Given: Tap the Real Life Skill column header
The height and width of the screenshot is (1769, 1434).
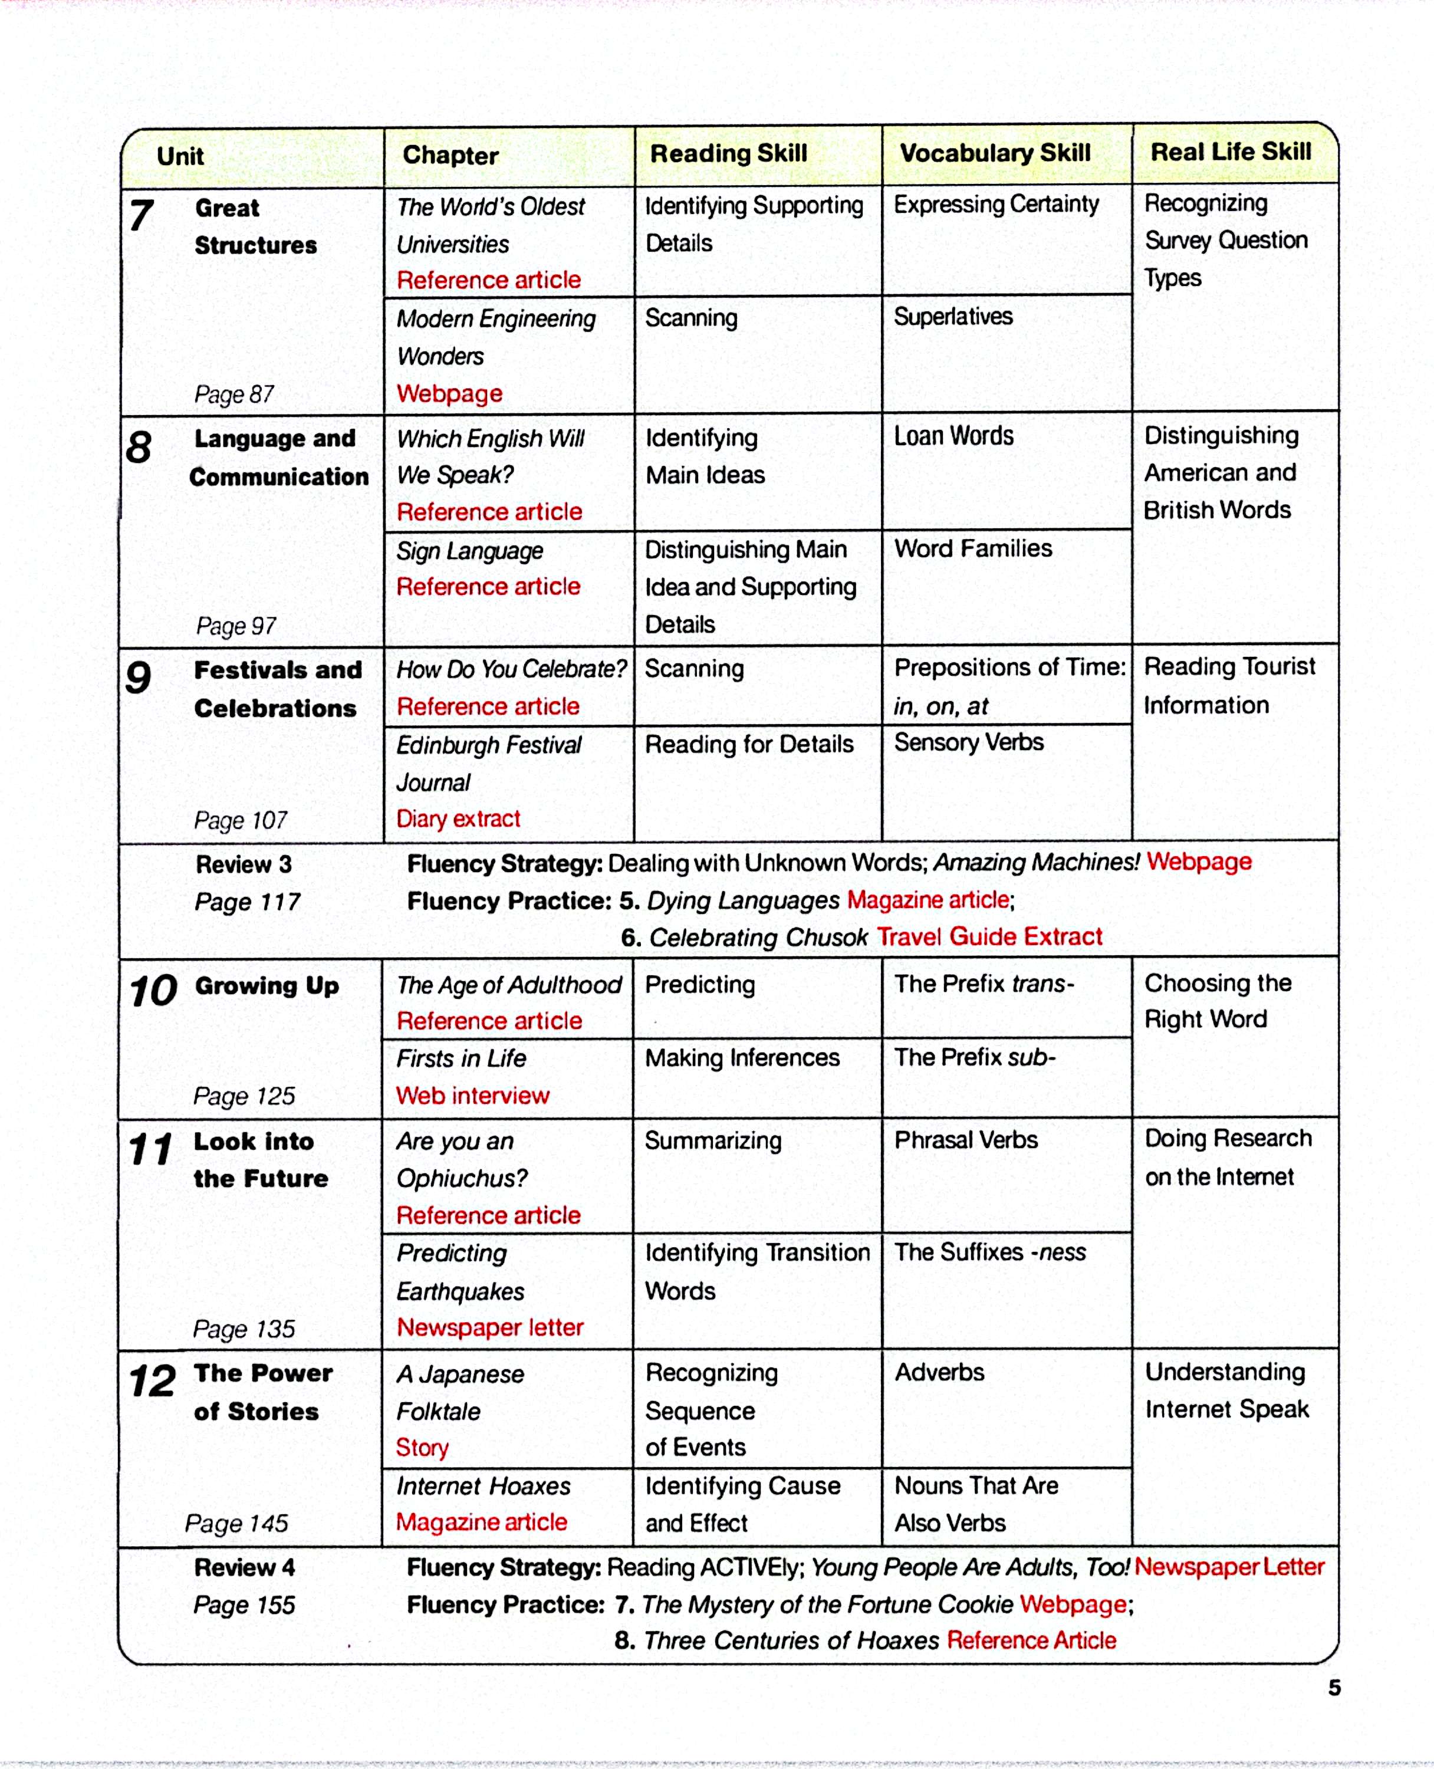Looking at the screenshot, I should pos(1230,152).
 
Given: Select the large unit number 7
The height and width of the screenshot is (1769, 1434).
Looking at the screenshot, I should pos(142,216).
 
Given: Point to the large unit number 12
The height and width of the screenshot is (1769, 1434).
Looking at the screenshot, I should pos(152,1381).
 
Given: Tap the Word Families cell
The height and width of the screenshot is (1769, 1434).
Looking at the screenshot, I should pos(972,548).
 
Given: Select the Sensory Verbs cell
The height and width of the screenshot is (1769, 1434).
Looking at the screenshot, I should pos(968,742).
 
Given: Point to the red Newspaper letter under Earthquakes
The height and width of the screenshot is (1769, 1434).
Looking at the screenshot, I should pos(490,1327).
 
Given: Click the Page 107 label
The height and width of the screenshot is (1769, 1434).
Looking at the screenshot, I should pos(241,820).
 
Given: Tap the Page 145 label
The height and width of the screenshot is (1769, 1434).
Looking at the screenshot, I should pos(236,1523).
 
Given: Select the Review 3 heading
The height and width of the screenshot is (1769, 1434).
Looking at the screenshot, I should pos(244,864).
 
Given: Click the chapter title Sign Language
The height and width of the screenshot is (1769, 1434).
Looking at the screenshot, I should pos(469,551).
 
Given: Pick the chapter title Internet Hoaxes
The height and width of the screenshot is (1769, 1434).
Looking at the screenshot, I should pos(484,1486).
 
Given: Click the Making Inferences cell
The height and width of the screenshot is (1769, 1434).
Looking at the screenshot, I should pos(742,1058).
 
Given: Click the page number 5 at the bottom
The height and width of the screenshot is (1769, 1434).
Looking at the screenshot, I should pos(1334,1688).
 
